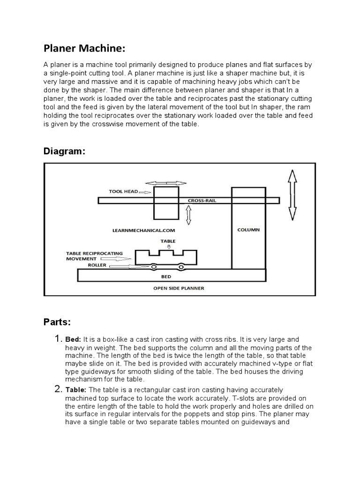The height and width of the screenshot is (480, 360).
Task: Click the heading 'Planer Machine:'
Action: [84, 50]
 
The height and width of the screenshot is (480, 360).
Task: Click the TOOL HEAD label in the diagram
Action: [124, 192]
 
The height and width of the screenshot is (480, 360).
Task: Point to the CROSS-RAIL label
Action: [202, 201]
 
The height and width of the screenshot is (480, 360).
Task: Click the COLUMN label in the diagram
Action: [248, 230]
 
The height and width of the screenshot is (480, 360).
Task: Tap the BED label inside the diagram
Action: [166, 277]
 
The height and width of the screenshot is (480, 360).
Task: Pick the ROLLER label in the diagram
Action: [97, 265]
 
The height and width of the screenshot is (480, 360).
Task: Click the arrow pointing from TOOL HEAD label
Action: [145, 192]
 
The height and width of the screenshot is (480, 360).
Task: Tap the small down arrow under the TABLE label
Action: [168, 247]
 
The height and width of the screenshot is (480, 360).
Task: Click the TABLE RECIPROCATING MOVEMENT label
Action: [94, 256]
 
